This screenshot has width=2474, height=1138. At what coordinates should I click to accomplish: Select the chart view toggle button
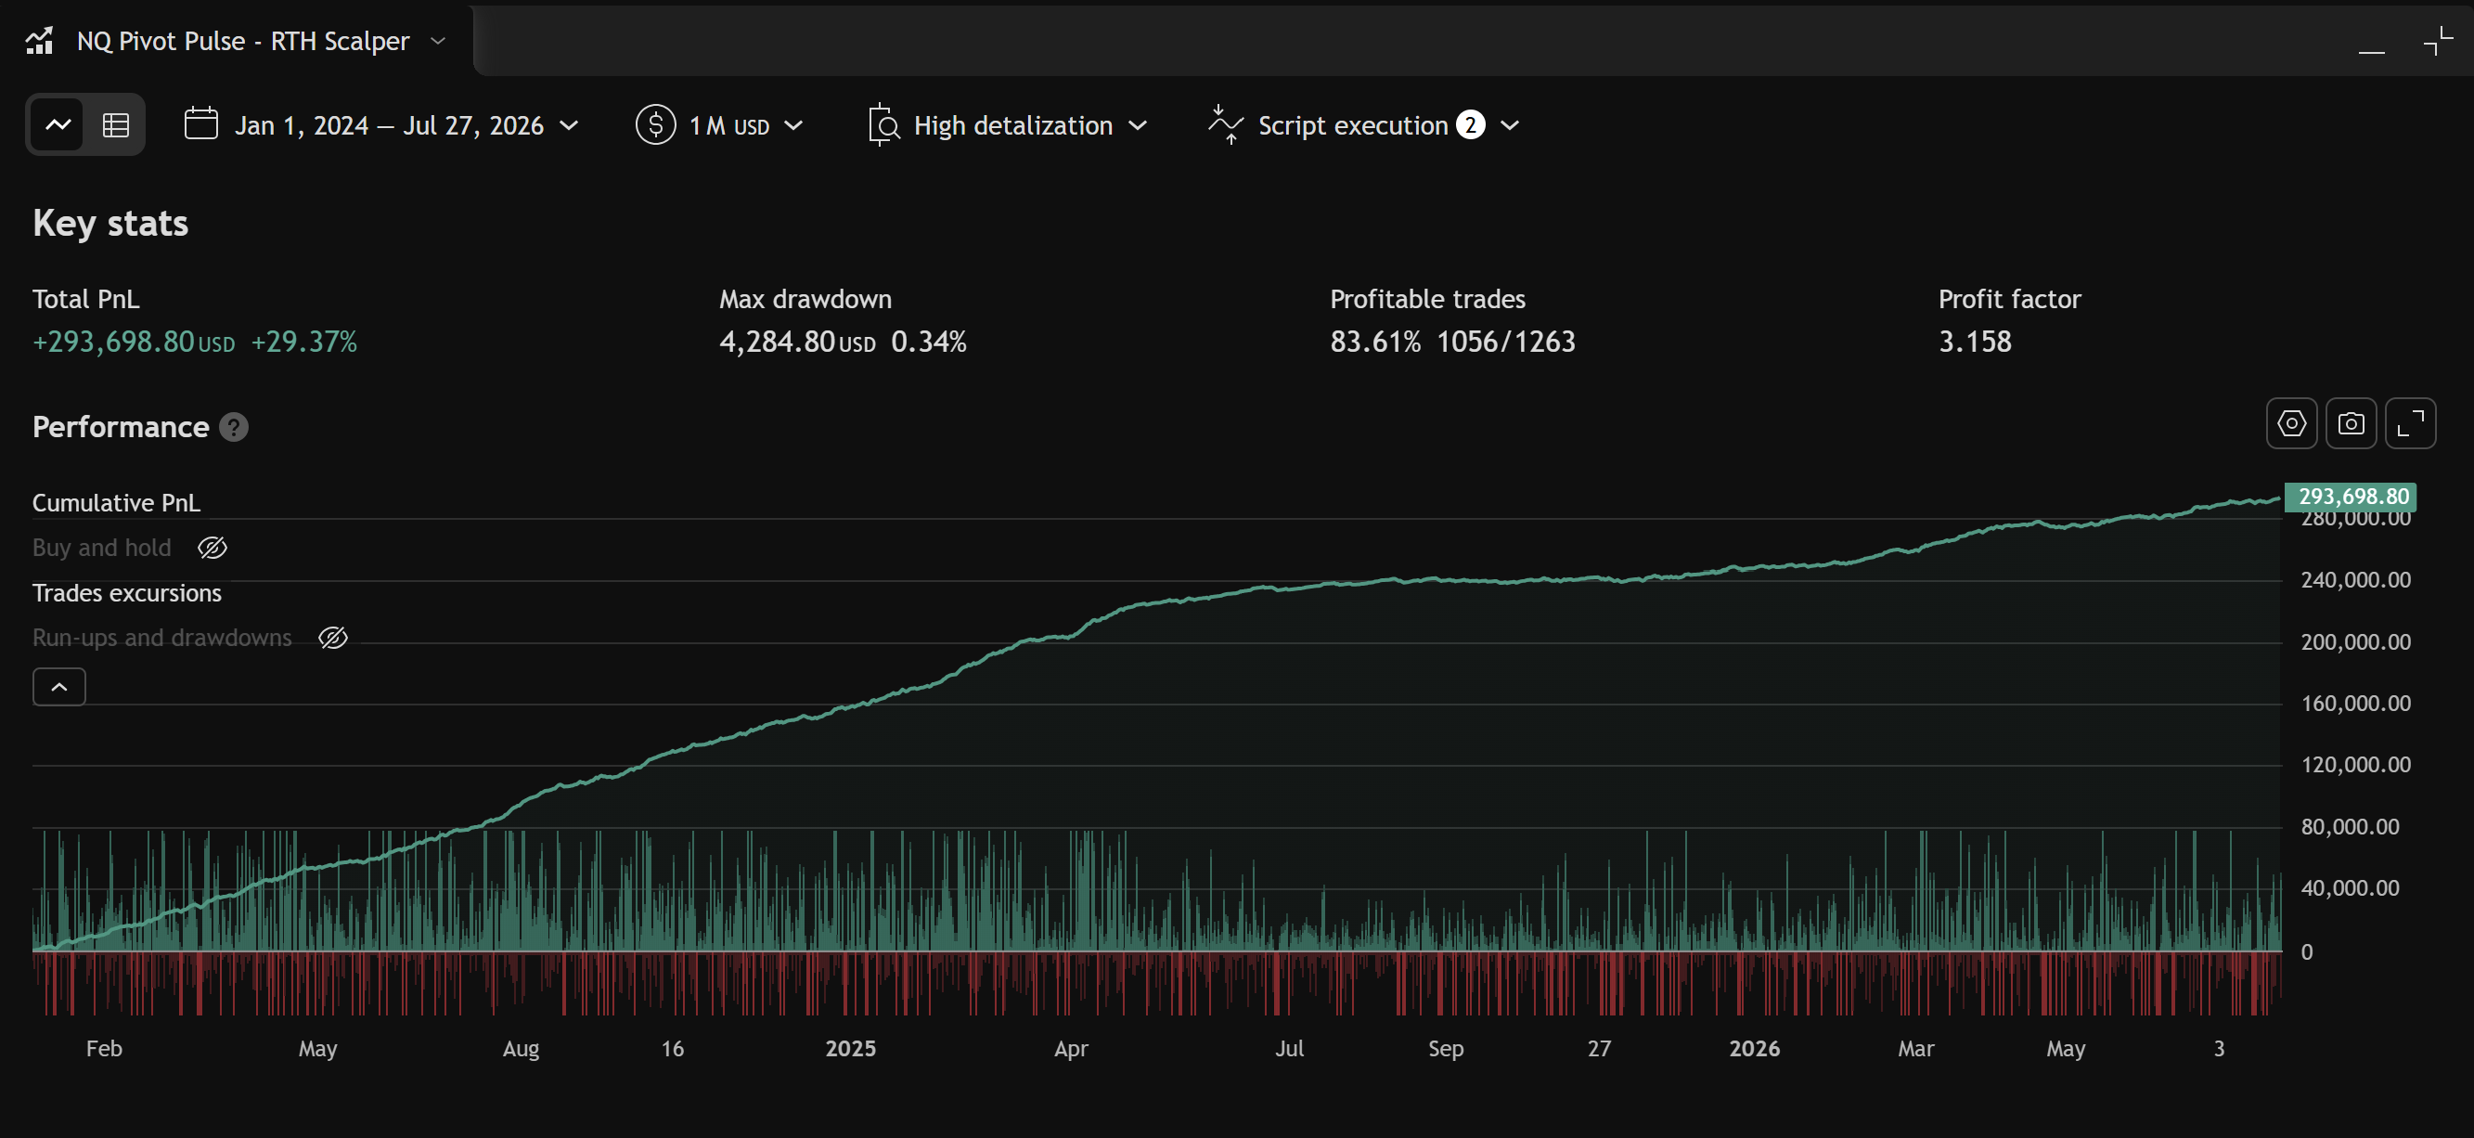[58, 124]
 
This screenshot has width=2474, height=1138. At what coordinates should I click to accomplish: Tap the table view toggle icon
[116, 124]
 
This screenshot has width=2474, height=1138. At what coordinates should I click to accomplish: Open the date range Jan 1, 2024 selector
[381, 124]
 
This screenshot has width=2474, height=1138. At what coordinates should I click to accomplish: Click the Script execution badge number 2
[1469, 124]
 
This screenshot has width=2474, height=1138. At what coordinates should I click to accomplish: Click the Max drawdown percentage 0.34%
[929, 342]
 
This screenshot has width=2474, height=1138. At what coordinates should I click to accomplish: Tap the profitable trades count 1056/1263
[1505, 342]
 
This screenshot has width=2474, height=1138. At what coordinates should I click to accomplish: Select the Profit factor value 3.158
[1975, 342]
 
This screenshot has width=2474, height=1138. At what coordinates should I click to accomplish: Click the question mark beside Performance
[233, 427]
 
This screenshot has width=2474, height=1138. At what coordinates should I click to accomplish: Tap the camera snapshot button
[2352, 423]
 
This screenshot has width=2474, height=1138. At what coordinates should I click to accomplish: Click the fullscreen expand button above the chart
[2410, 423]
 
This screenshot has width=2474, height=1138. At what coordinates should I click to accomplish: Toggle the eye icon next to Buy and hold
[213, 548]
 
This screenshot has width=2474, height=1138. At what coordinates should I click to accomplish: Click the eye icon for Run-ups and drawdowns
[333, 638]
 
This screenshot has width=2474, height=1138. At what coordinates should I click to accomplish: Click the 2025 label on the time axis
[850, 1049]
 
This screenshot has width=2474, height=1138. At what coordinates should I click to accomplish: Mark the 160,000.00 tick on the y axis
[2355, 704]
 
